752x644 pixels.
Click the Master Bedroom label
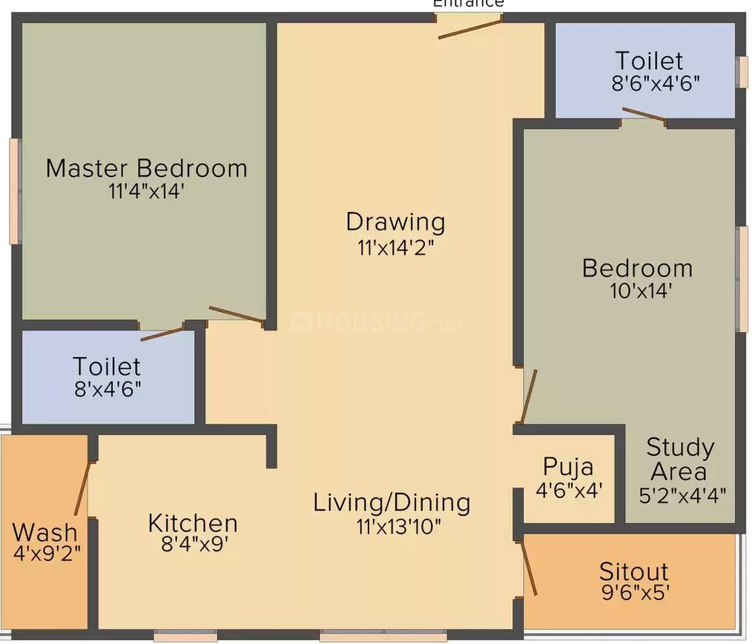coord(146,167)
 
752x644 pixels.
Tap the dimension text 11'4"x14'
coord(145,192)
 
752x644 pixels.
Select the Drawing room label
coord(396,222)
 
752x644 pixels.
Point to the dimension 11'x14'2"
coord(395,247)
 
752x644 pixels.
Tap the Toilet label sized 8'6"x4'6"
coord(649,60)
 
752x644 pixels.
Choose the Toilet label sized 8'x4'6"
coord(107,366)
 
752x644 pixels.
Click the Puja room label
coord(568,466)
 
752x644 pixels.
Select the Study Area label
coord(680,459)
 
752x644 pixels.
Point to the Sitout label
coord(634,571)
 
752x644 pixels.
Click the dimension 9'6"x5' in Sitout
coord(634,592)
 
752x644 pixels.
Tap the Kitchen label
coord(193,522)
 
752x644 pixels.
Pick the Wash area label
coord(44,531)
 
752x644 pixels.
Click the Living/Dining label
coord(392,502)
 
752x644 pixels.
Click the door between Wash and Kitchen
coord(82,487)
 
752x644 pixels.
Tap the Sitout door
coord(530,567)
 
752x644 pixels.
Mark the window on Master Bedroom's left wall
coord(15,190)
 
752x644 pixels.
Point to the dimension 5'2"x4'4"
coord(682,494)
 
